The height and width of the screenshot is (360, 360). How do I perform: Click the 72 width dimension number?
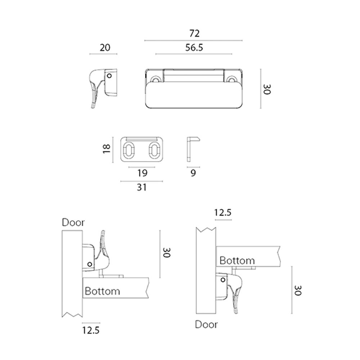[x=194, y=33]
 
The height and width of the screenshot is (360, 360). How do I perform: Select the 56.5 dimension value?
[x=194, y=48]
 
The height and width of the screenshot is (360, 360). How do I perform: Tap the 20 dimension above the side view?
[x=105, y=48]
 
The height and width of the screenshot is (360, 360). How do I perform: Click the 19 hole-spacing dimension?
[x=142, y=173]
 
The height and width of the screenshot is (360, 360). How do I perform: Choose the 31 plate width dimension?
[x=141, y=187]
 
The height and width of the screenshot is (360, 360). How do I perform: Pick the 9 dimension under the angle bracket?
[x=193, y=173]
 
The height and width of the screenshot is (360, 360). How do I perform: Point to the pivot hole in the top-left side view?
[x=109, y=76]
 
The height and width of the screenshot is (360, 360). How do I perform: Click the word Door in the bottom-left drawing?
[x=73, y=222]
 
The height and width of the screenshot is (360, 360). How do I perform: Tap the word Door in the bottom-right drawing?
[x=206, y=324]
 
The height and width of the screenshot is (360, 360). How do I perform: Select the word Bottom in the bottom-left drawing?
[x=102, y=291]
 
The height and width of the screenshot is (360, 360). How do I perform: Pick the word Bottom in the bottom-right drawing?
[x=237, y=261]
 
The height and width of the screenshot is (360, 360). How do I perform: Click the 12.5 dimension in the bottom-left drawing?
[x=91, y=330]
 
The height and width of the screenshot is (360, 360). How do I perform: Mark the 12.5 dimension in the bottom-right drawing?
[x=223, y=213]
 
